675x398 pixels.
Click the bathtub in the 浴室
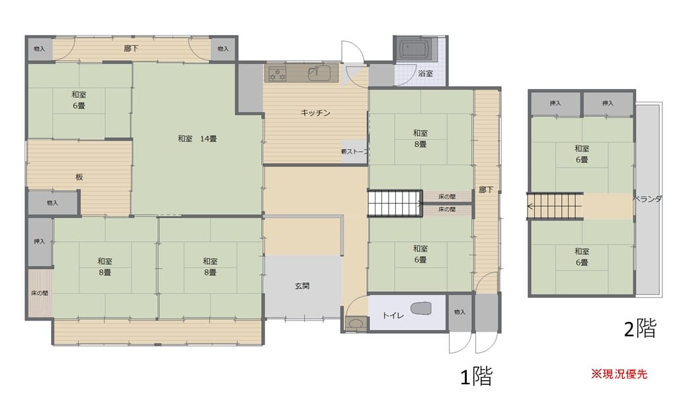click(415, 49)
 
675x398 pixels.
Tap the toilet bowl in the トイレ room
click(420, 308)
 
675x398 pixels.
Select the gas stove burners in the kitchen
click(277, 73)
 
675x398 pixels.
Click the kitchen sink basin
click(319, 73)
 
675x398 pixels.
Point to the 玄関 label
click(302, 286)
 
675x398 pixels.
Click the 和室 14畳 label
click(197, 139)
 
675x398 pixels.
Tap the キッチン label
click(315, 113)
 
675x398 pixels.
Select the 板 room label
click(79, 177)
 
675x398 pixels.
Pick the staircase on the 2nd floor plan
click(555, 207)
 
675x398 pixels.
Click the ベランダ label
click(647, 199)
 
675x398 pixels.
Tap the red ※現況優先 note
click(619, 374)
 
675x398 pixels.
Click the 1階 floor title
click(476, 376)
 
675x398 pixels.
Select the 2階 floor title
click(640, 329)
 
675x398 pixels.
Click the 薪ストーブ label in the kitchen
click(355, 151)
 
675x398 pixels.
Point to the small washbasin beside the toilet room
click(356, 323)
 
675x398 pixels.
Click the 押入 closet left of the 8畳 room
click(40, 242)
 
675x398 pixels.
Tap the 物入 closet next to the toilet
click(459, 312)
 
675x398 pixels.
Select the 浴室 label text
click(425, 73)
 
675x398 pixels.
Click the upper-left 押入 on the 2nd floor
click(556, 103)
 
